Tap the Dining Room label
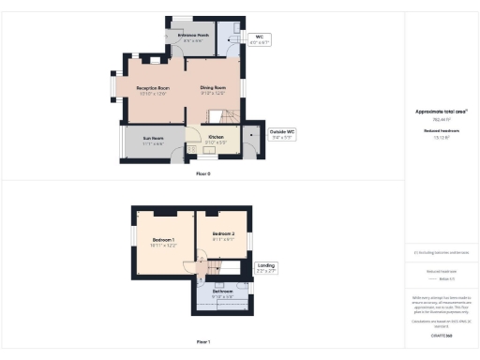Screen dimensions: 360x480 point(213,90)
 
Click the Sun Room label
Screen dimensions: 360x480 point(153,142)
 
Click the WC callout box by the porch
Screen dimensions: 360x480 point(259,39)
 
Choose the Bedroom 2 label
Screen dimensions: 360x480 point(223,235)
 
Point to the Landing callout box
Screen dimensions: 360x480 point(266,269)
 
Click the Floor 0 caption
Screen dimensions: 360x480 point(202,173)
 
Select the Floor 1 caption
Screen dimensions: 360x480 point(202,342)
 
